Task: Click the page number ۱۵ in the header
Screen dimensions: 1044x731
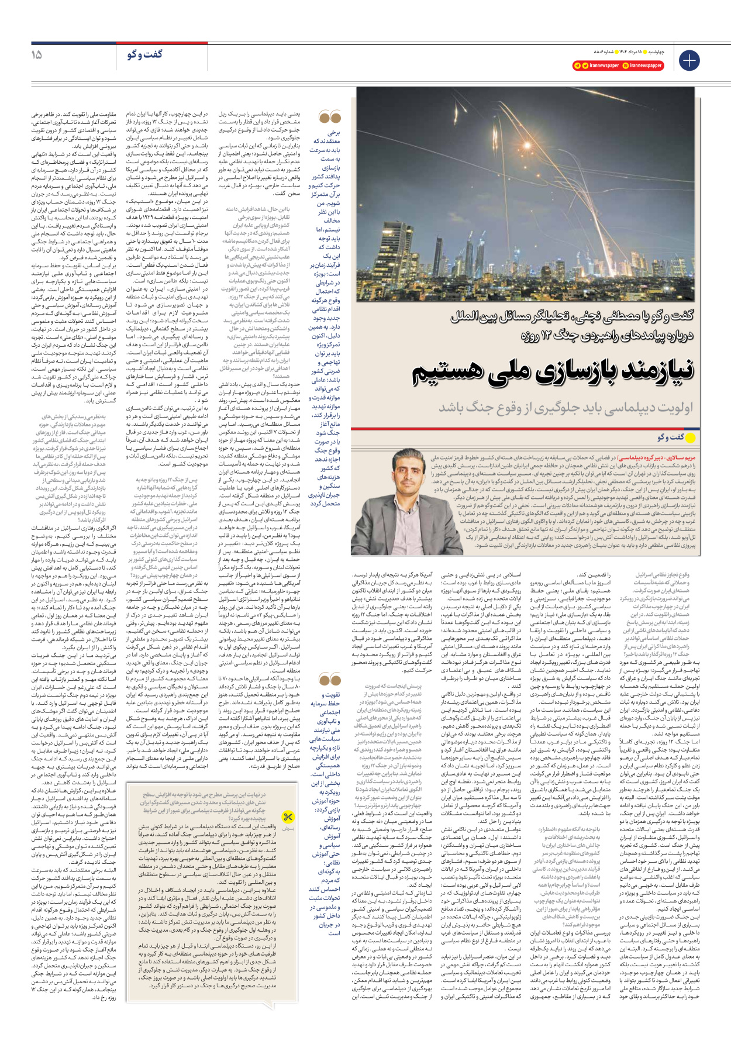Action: point(36,54)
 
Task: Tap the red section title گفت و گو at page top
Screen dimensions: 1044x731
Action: point(144,54)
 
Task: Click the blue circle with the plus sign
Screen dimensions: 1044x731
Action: point(689,60)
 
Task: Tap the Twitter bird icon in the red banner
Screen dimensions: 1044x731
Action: point(585,66)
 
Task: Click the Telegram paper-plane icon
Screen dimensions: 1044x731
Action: point(577,66)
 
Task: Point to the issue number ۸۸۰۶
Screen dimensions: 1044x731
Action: point(586,52)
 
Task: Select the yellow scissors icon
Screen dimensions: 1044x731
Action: point(288,817)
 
